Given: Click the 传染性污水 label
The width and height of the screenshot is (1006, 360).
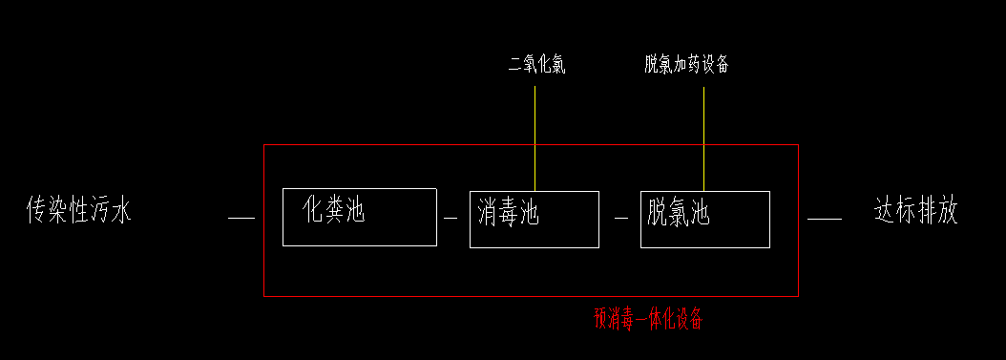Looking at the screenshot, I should pyautogui.click(x=78, y=210).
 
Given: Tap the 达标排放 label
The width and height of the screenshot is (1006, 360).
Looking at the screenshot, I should pyautogui.click(x=915, y=210).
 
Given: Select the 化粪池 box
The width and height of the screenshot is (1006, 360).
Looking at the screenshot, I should pyautogui.click(x=359, y=218).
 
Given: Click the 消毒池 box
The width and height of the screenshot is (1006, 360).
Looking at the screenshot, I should pyautogui.click(x=534, y=219).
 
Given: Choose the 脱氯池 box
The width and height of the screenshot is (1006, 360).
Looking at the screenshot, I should pyautogui.click(x=704, y=219).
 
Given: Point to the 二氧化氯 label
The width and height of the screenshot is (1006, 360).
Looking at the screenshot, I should pyautogui.click(x=537, y=65).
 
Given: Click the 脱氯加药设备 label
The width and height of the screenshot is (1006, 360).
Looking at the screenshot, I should pyautogui.click(x=687, y=65).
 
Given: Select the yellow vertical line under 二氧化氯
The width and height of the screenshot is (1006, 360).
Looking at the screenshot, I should pyautogui.click(x=535, y=138).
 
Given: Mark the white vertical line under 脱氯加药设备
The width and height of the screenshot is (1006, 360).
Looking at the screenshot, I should pyautogui.click(x=704, y=138).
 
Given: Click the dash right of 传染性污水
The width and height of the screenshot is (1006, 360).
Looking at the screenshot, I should pyautogui.click(x=241, y=219).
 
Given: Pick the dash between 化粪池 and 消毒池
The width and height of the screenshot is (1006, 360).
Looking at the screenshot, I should pyautogui.click(x=451, y=219).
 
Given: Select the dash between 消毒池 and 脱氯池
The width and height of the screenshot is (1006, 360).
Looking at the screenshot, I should pyautogui.click(x=620, y=219).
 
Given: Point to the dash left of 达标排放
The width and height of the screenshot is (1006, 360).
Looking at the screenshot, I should pyautogui.click(x=825, y=219).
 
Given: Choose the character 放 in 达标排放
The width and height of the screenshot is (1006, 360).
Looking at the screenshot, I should pyautogui.click(x=946, y=210).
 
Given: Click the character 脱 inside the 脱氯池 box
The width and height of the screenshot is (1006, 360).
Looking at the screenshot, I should pyautogui.click(x=658, y=212).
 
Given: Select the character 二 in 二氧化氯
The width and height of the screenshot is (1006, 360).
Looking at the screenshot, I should pyautogui.click(x=515, y=65).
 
